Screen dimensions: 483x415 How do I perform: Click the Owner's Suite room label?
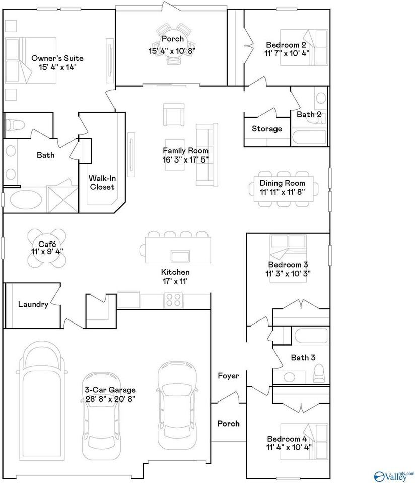[57, 58]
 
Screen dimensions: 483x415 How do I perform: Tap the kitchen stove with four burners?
[173, 300]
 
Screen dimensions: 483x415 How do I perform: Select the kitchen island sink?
[179, 256]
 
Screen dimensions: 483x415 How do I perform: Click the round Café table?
[46, 247]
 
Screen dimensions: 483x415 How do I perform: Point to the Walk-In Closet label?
[102, 182]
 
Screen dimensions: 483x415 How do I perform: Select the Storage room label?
[267, 129]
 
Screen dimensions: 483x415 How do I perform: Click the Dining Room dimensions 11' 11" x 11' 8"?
[282, 192]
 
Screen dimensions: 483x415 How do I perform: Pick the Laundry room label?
[33, 304]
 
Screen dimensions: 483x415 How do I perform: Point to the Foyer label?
[228, 376]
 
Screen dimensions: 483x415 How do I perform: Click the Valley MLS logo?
[394, 474]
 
